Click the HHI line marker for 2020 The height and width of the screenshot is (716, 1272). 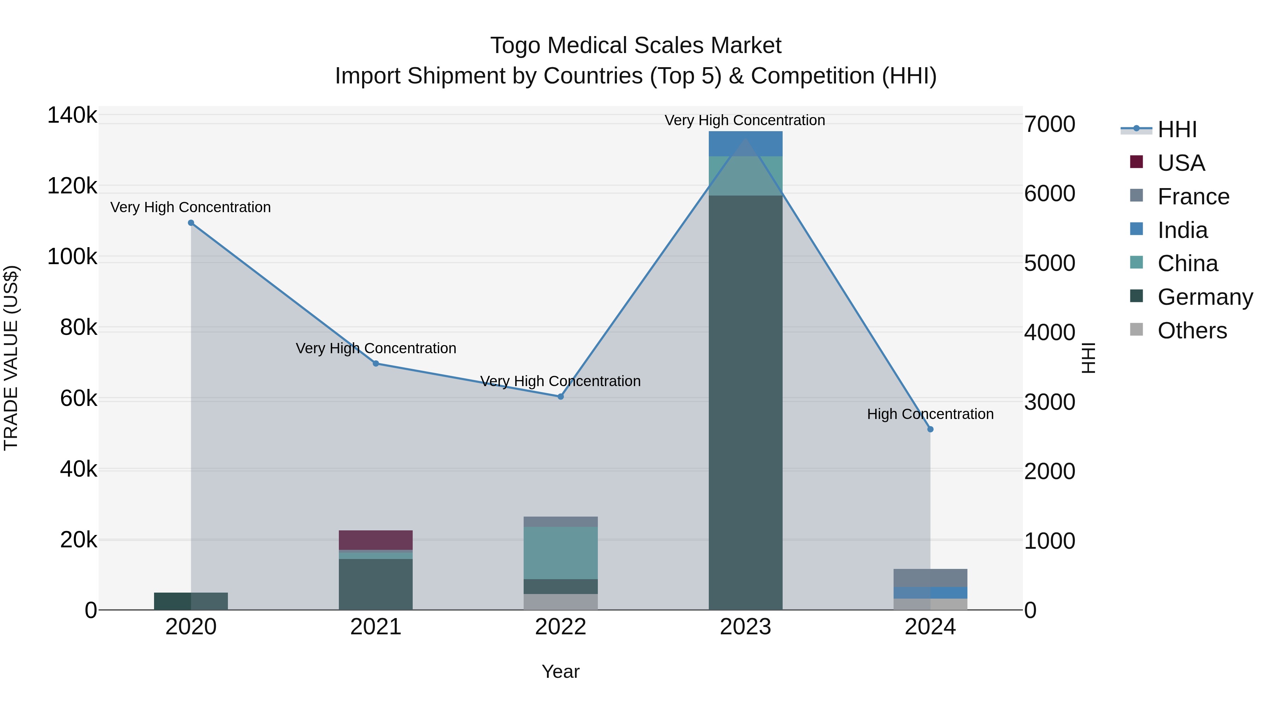(x=191, y=223)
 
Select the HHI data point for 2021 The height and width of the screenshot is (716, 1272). (x=376, y=364)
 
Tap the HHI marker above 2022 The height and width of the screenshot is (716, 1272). (x=560, y=397)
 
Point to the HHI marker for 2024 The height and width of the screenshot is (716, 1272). (x=930, y=429)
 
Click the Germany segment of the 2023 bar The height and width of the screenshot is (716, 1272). (x=745, y=403)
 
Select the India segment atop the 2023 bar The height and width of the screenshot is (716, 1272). (x=745, y=144)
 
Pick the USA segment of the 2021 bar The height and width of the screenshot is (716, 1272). (x=376, y=540)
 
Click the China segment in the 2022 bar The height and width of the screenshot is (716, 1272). (x=560, y=553)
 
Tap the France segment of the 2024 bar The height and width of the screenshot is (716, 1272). (x=930, y=578)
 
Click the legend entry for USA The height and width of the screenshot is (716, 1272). (x=1181, y=163)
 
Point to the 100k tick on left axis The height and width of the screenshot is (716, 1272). (x=72, y=257)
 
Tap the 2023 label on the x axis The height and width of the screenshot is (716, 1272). (x=745, y=627)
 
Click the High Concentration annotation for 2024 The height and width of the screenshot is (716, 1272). (x=930, y=414)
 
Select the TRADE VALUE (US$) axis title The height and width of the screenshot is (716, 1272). (x=11, y=358)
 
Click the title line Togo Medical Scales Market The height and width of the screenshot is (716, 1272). (x=636, y=46)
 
